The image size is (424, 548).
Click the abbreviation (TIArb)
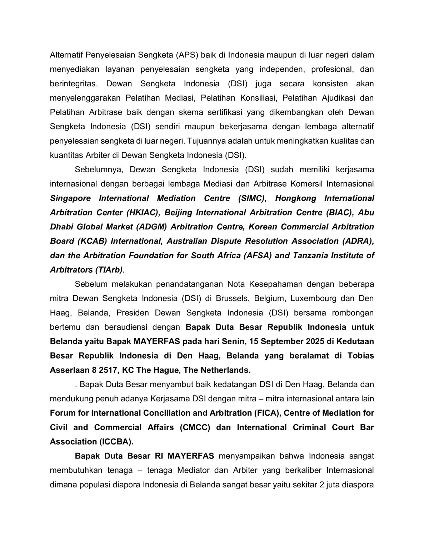pyautogui.click(x=109, y=270)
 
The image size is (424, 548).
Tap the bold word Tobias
pyautogui.click(x=361, y=356)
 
